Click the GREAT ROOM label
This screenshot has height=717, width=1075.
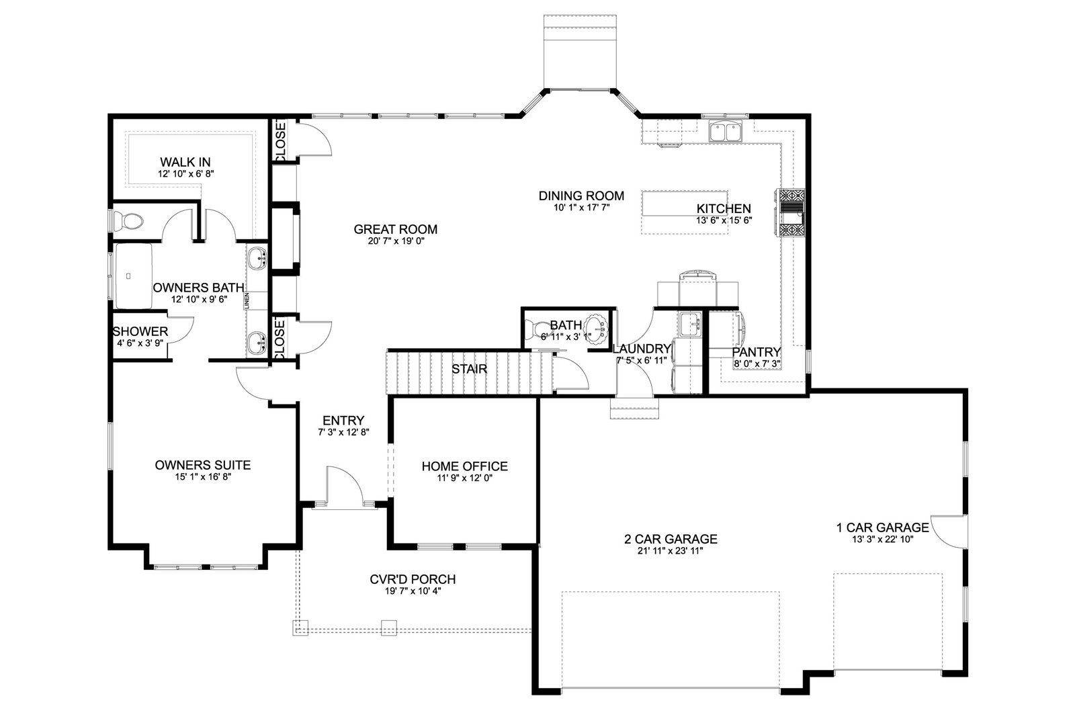[x=396, y=229]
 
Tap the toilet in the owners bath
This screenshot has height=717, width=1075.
[x=128, y=221]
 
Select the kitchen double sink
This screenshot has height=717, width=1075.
[x=725, y=131]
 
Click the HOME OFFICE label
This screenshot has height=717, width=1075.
[x=464, y=466]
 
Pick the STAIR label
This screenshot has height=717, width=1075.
[x=470, y=369]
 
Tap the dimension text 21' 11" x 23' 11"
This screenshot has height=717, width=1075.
[x=671, y=551]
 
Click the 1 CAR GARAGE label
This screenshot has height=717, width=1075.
[x=883, y=528]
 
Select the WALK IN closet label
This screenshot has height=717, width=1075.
[x=185, y=162]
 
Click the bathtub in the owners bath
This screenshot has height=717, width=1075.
[x=133, y=276]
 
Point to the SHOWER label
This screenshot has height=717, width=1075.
[x=140, y=332]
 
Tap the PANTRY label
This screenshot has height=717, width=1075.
[x=757, y=352]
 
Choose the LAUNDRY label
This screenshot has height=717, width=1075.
[x=642, y=349]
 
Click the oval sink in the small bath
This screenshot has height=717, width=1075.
[x=597, y=329]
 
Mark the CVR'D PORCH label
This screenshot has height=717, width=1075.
[x=413, y=579]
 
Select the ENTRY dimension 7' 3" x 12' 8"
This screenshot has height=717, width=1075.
[x=343, y=432]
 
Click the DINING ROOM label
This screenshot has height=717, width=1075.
[x=581, y=196]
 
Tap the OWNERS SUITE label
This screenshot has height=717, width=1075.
[x=202, y=465]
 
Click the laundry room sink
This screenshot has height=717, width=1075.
[x=690, y=324]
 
